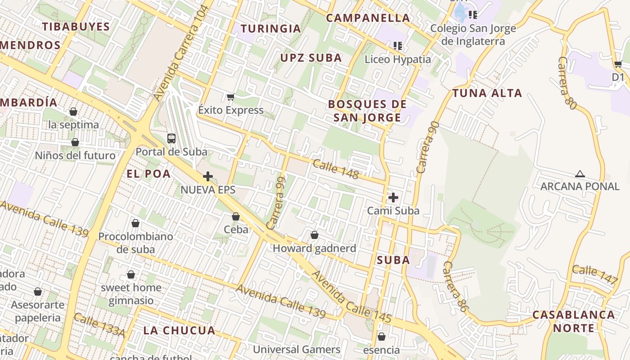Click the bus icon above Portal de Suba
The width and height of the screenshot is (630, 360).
click(x=171, y=138)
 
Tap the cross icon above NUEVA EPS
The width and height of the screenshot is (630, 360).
click(x=208, y=176)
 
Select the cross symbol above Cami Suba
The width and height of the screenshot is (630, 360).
click(x=393, y=197)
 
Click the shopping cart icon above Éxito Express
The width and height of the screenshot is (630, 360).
click(x=231, y=97)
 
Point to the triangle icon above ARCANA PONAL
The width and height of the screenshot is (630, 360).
click(x=580, y=174)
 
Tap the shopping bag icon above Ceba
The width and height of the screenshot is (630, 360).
click(x=236, y=216)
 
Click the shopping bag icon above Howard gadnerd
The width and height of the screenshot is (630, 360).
click(x=315, y=235)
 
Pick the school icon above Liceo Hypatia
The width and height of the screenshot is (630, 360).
click(x=398, y=45)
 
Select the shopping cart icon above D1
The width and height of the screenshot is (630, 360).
click(x=618, y=64)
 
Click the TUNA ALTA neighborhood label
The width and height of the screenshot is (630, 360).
click(x=487, y=93)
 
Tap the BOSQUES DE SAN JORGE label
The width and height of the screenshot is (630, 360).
click(x=367, y=111)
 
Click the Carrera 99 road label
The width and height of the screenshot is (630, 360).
click(x=276, y=202)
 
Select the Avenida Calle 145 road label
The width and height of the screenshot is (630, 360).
click(x=351, y=297)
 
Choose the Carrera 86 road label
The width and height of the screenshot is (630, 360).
click(x=454, y=287)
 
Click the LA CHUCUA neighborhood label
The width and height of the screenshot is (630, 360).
click(x=180, y=330)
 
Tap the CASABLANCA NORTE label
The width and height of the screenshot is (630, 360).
click(x=573, y=321)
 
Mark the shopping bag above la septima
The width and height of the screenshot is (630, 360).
click(x=73, y=112)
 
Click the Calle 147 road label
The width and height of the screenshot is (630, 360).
click(x=595, y=274)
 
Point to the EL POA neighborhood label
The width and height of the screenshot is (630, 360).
click(x=148, y=174)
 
